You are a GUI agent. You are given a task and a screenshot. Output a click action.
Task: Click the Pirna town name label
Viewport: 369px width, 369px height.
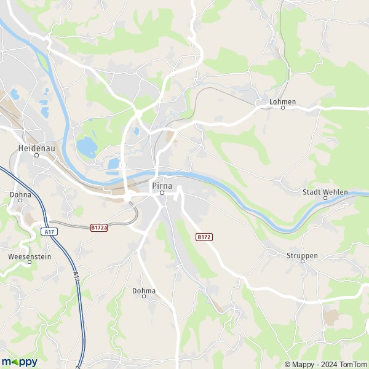tap(162, 184)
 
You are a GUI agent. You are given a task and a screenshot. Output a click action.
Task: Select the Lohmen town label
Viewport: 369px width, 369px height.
tap(283, 101)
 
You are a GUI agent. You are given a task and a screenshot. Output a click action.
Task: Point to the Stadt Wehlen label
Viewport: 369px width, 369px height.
tap(325, 192)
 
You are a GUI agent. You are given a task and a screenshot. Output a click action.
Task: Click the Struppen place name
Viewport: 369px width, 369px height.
tap(302, 255)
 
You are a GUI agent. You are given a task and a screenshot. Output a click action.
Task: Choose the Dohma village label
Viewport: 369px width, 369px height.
tap(144, 290)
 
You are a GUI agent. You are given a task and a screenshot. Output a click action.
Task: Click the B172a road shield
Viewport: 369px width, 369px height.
tap(99, 228)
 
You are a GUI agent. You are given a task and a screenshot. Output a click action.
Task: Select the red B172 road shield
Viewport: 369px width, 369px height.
tap(204, 237)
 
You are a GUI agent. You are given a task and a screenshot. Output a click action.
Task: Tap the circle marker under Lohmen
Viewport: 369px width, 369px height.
tap(283, 108)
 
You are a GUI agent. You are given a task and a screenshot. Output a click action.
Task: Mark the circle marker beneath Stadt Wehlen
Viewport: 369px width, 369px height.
tap(325, 199)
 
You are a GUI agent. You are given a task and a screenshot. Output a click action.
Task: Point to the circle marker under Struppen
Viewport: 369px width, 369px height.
tap(302, 261)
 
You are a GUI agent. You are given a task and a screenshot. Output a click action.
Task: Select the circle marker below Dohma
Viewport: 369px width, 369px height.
tap(144, 297)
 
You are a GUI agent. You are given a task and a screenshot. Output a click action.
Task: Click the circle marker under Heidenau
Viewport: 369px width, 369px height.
tap(36, 155)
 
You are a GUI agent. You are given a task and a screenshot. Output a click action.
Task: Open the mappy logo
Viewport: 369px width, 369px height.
tap(19, 362)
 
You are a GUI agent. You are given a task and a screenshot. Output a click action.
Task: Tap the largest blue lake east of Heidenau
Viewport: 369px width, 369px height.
tap(87, 148)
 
